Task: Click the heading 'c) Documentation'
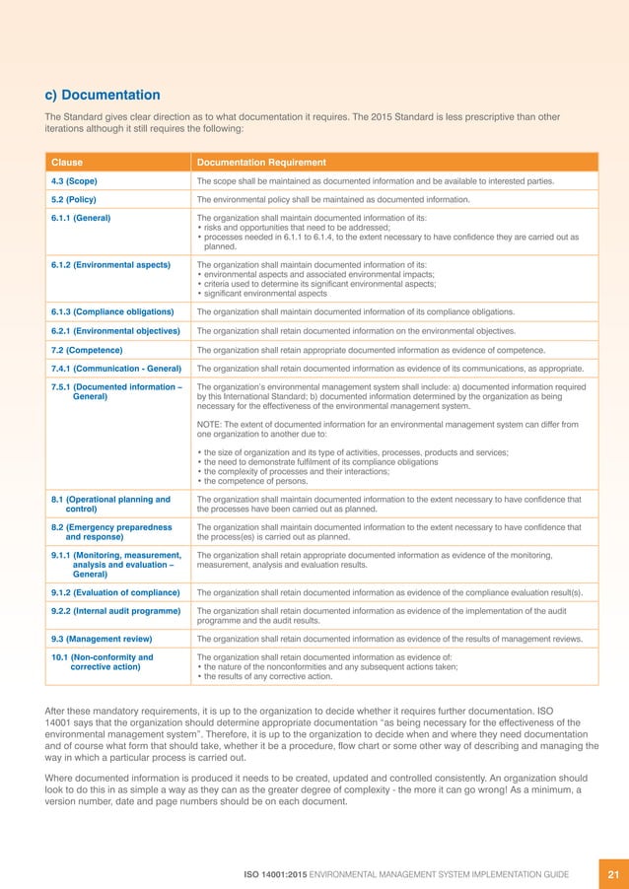(103, 95)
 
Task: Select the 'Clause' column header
(67, 162)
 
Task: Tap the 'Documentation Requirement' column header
(261, 162)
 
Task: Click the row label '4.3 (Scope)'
(74, 181)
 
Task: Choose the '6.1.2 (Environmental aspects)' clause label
(110, 265)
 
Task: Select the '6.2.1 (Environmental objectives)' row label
(115, 331)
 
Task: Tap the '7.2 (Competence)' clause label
(87, 350)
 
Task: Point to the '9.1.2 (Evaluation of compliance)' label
(115, 592)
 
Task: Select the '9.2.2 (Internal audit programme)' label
(113, 611)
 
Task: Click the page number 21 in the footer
(612, 872)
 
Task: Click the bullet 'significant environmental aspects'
(264, 294)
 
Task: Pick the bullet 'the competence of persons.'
(253, 481)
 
